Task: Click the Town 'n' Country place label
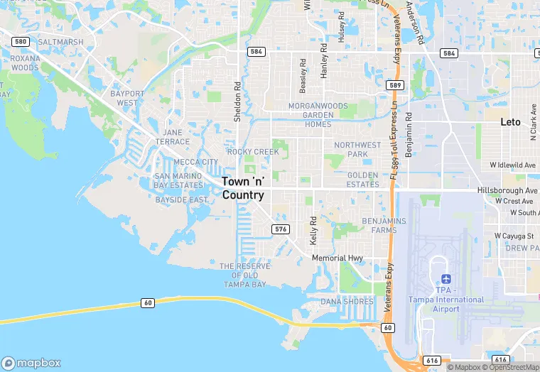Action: click(x=243, y=188)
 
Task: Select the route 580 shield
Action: click(x=20, y=42)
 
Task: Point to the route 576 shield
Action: click(x=281, y=229)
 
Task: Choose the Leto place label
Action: click(x=510, y=122)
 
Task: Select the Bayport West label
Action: click(x=127, y=98)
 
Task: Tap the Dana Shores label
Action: click(x=347, y=302)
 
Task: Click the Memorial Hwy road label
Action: click(x=337, y=258)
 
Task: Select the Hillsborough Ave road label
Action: click(x=507, y=191)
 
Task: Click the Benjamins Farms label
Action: click(x=384, y=226)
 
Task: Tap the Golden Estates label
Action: click(x=362, y=180)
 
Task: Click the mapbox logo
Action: click(x=31, y=363)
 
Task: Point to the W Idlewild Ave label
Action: click(x=512, y=165)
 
